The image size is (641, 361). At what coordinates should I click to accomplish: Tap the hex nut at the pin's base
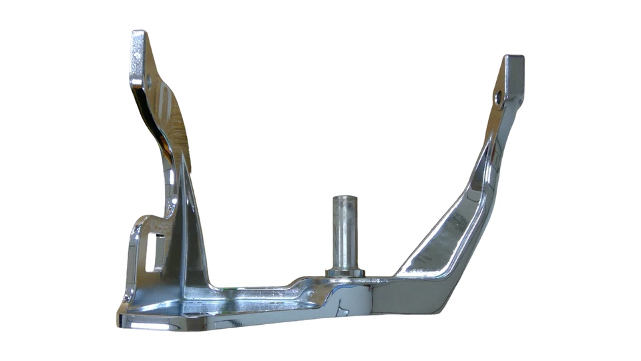click(345, 272)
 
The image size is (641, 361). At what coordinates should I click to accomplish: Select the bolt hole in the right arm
click(498, 98)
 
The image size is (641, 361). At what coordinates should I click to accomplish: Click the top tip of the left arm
click(139, 33)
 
